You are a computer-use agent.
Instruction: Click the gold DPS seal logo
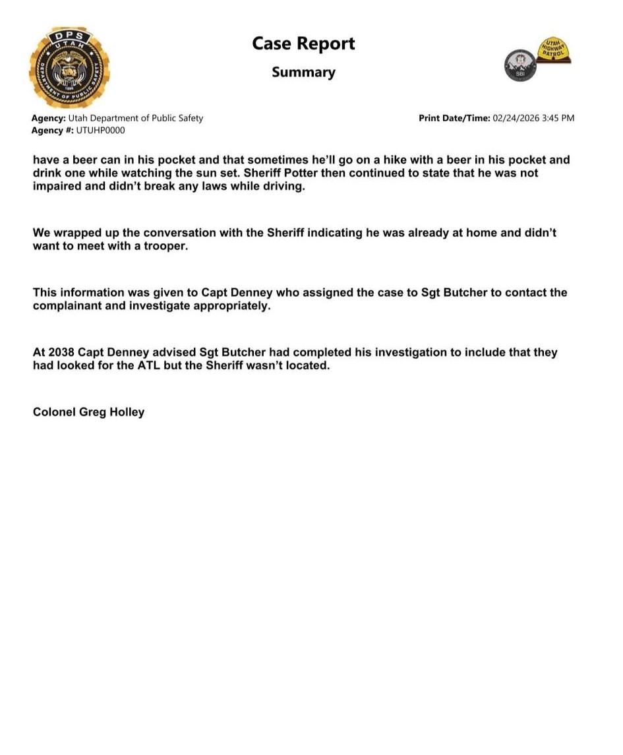tap(69, 67)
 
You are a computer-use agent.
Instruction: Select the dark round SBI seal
tap(519, 66)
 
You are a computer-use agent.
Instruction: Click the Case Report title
tap(303, 44)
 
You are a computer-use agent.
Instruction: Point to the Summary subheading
tap(303, 72)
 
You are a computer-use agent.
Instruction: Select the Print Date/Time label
tap(454, 118)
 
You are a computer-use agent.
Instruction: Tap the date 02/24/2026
tap(516, 118)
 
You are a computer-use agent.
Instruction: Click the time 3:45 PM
tap(559, 118)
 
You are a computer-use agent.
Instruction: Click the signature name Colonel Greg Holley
tap(88, 412)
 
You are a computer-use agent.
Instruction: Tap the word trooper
tap(165, 245)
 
